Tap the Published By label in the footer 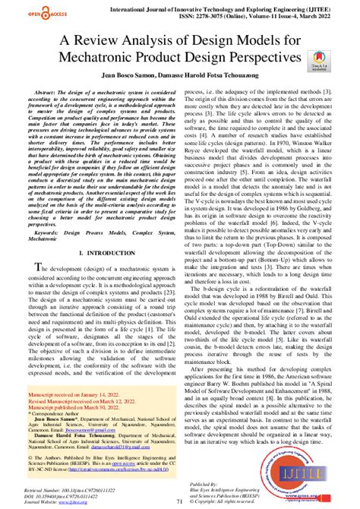click(223, 482)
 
